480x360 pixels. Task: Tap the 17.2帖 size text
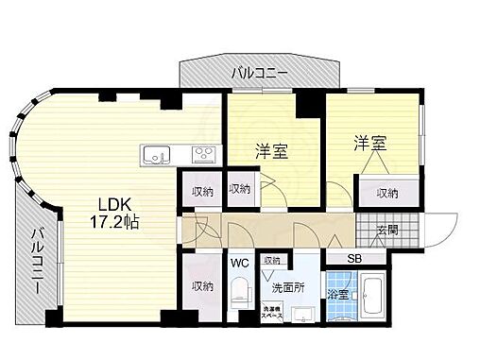pyautogui.click(x=117, y=223)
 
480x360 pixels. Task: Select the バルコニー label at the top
pyautogui.click(x=261, y=72)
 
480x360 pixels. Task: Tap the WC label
pyautogui.click(x=240, y=264)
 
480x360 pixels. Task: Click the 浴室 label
pyautogui.click(x=339, y=294)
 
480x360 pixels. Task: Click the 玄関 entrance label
pyautogui.click(x=388, y=230)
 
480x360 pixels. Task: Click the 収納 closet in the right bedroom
pyautogui.click(x=387, y=193)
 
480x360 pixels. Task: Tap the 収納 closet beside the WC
pyautogui.click(x=201, y=285)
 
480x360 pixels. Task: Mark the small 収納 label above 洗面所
pyautogui.click(x=272, y=261)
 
